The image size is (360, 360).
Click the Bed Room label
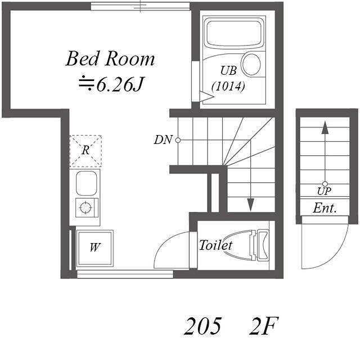(x=110, y=58)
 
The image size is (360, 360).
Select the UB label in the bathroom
(x=228, y=70)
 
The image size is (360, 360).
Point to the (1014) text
(x=228, y=87)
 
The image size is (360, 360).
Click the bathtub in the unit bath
(x=234, y=33)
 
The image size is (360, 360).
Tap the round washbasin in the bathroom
(x=251, y=64)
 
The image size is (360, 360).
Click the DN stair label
(x=163, y=139)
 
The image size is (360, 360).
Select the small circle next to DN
(x=178, y=140)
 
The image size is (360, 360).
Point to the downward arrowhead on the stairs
(x=250, y=205)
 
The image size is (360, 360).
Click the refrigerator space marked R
(x=85, y=151)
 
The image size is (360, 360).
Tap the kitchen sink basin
(x=86, y=183)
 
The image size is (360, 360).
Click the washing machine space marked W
(x=94, y=248)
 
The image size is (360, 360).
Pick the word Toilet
(x=215, y=245)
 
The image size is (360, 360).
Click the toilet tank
(x=263, y=246)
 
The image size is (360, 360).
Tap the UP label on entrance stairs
(x=324, y=191)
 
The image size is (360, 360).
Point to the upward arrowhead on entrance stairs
(x=325, y=128)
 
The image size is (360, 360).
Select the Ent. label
(x=325, y=208)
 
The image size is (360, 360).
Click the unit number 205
(x=203, y=326)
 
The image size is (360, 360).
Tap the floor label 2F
(x=264, y=326)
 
